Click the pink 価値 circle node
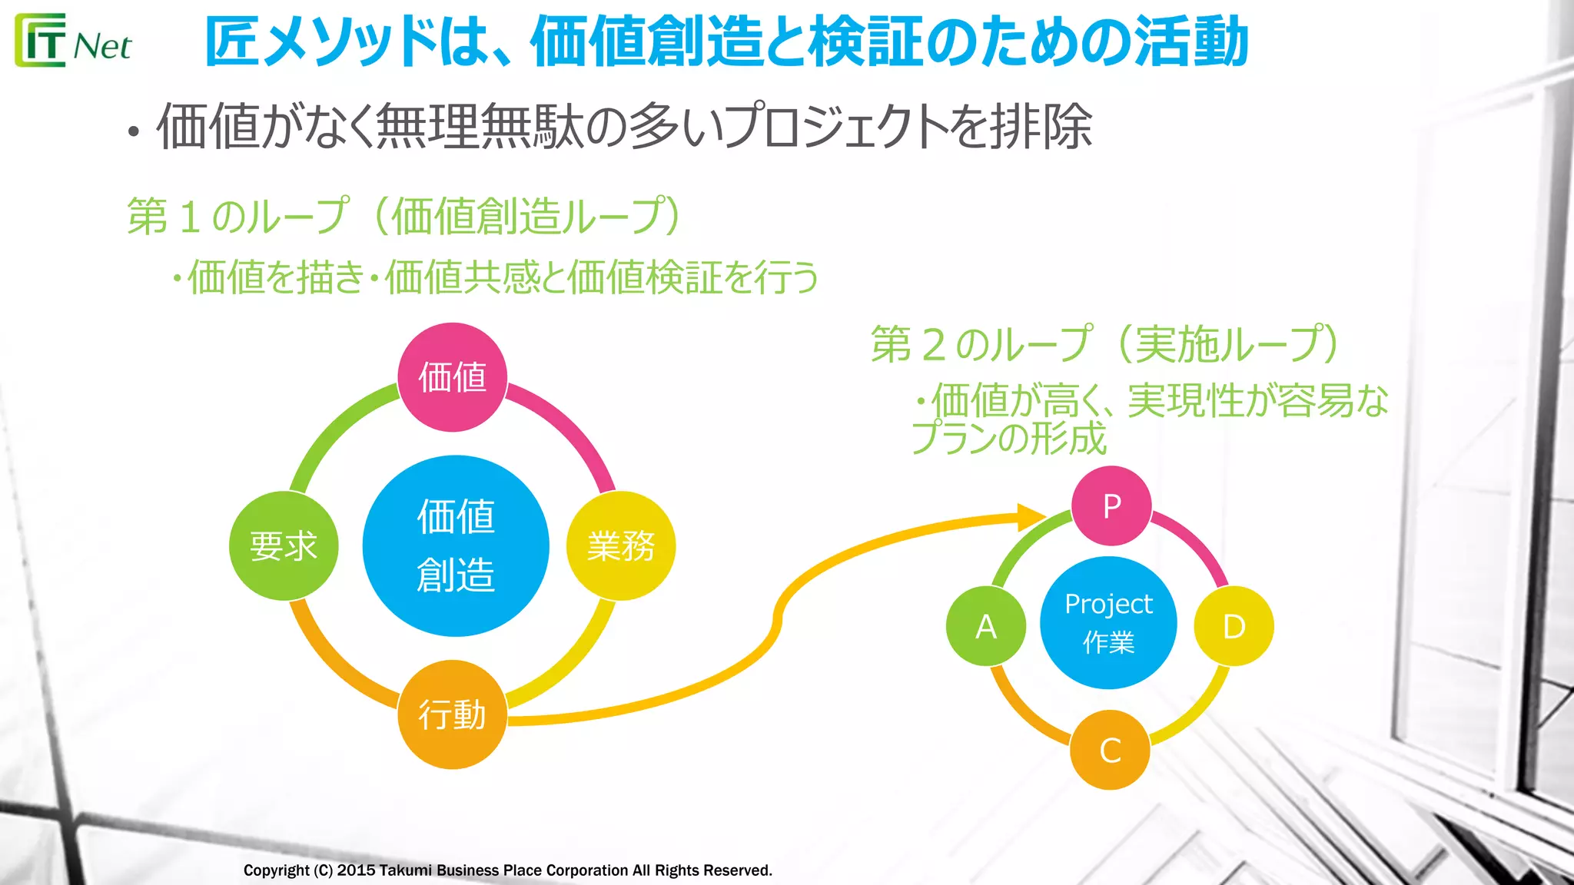[452, 376]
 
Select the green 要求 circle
[284, 545]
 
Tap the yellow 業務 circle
[620, 545]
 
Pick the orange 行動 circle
[452, 714]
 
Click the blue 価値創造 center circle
[456, 545]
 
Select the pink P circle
[1111, 505]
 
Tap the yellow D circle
[1233, 626]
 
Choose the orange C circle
[1110, 750]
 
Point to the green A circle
[986, 626]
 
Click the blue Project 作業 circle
[1108, 622]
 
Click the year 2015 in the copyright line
[356, 870]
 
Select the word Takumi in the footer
[405, 870]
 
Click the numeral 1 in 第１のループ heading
[189, 216]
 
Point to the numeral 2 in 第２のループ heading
[933, 344]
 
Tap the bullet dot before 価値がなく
[134, 132]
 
